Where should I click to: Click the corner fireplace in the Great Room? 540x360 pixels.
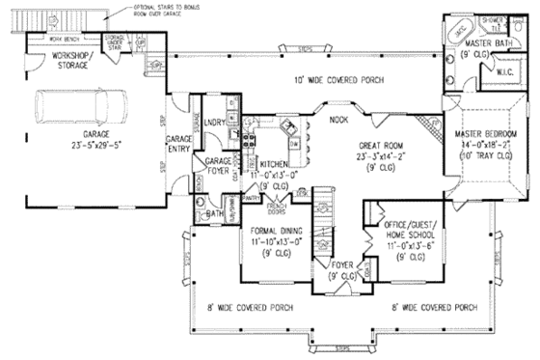pos(427,122)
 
